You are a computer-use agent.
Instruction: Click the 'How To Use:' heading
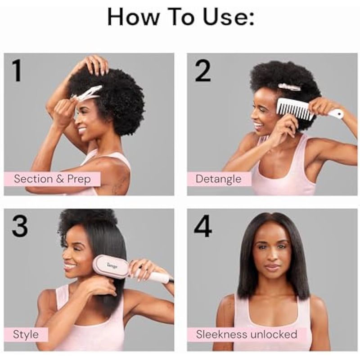coord(181,17)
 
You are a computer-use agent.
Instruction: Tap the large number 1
coord(17,71)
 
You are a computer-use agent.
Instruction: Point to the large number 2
coord(203,71)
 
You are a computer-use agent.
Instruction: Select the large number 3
coord(20,226)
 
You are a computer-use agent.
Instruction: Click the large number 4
coord(203,226)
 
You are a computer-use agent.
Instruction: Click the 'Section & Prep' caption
coord(52,179)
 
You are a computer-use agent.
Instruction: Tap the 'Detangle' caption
coord(218,179)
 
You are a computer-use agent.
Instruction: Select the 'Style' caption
coord(26,334)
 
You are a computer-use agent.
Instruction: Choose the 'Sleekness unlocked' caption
coord(246,334)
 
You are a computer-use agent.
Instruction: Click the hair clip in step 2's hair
coord(289,87)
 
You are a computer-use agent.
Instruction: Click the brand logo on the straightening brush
coord(112,266)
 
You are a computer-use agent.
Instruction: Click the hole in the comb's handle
coord(339,113)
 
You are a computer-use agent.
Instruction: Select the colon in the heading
coord(252,19)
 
